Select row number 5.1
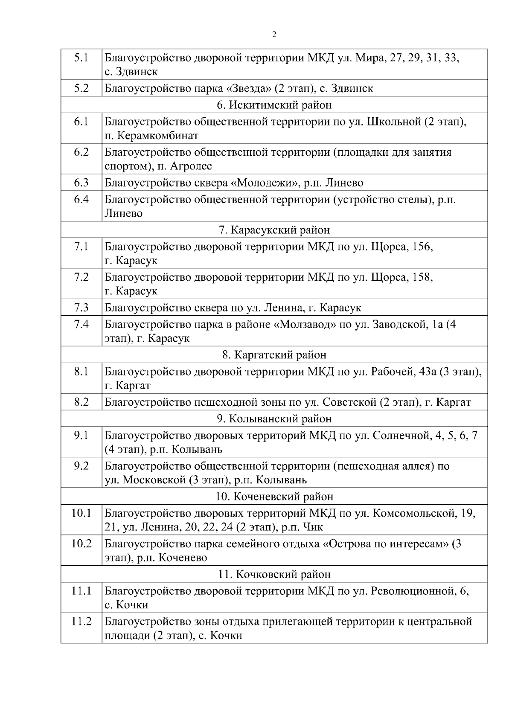click(81, 58)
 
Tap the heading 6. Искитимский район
click(274, 105)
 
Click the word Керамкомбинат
click(157, 136)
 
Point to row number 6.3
click(81, 183)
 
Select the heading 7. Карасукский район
click(274, 230)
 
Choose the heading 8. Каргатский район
click(274, 355)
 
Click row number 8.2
click(81, 402)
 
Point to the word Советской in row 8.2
click(349, 402)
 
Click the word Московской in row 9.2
click(154, 480)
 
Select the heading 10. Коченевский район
click(274, 497)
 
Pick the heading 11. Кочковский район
click(274, 574)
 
